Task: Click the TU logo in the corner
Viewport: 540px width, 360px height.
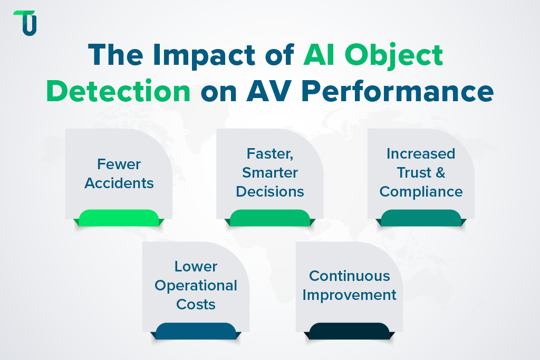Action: coord(25,23)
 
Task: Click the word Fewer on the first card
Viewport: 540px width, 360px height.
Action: coord(119,164)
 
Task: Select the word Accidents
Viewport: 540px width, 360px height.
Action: coord(119,183)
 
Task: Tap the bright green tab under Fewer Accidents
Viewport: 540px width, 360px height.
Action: coord(119,218)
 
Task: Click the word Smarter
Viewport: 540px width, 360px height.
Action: coord(270,172)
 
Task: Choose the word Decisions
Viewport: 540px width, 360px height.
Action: coord(270,191)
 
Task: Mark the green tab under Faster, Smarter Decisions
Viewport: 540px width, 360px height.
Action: coord(270,218)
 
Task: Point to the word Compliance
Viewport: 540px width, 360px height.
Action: coord(421,191)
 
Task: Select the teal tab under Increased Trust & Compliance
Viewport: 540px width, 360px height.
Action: coord(421,218)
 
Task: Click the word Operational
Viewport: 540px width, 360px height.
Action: coord(196,286)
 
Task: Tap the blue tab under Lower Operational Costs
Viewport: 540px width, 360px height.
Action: coord(196,330)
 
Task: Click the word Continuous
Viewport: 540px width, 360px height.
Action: coord(350,276)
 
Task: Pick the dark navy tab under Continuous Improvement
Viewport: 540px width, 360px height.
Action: coord(349,330)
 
